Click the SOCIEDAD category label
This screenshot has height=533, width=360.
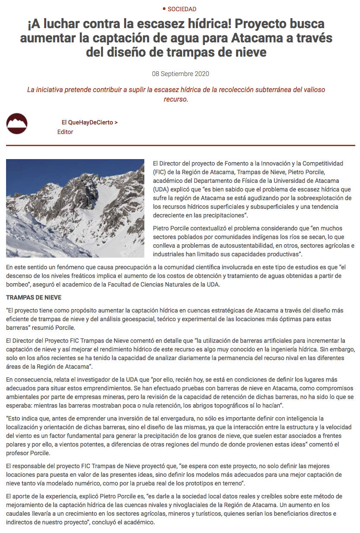click(x=182, y=9)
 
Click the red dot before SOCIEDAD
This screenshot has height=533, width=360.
click(x=164, y=9)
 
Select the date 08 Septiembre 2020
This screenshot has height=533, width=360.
click(x=180, y=74)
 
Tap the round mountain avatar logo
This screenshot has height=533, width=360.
click(x=17, y=124)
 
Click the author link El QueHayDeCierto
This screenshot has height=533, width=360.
click(x=89, y=122)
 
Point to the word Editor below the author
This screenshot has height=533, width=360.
click(x=65, y=132)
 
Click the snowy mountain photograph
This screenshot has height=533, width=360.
click(x=75, y=208)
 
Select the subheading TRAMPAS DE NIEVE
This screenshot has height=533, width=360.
click(x=34, y=297)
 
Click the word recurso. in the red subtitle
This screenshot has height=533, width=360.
click(x=176, y=99)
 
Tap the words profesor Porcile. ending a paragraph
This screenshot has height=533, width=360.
click(x=27, y=453)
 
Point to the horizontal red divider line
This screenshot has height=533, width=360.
click(x=180, y=146)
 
